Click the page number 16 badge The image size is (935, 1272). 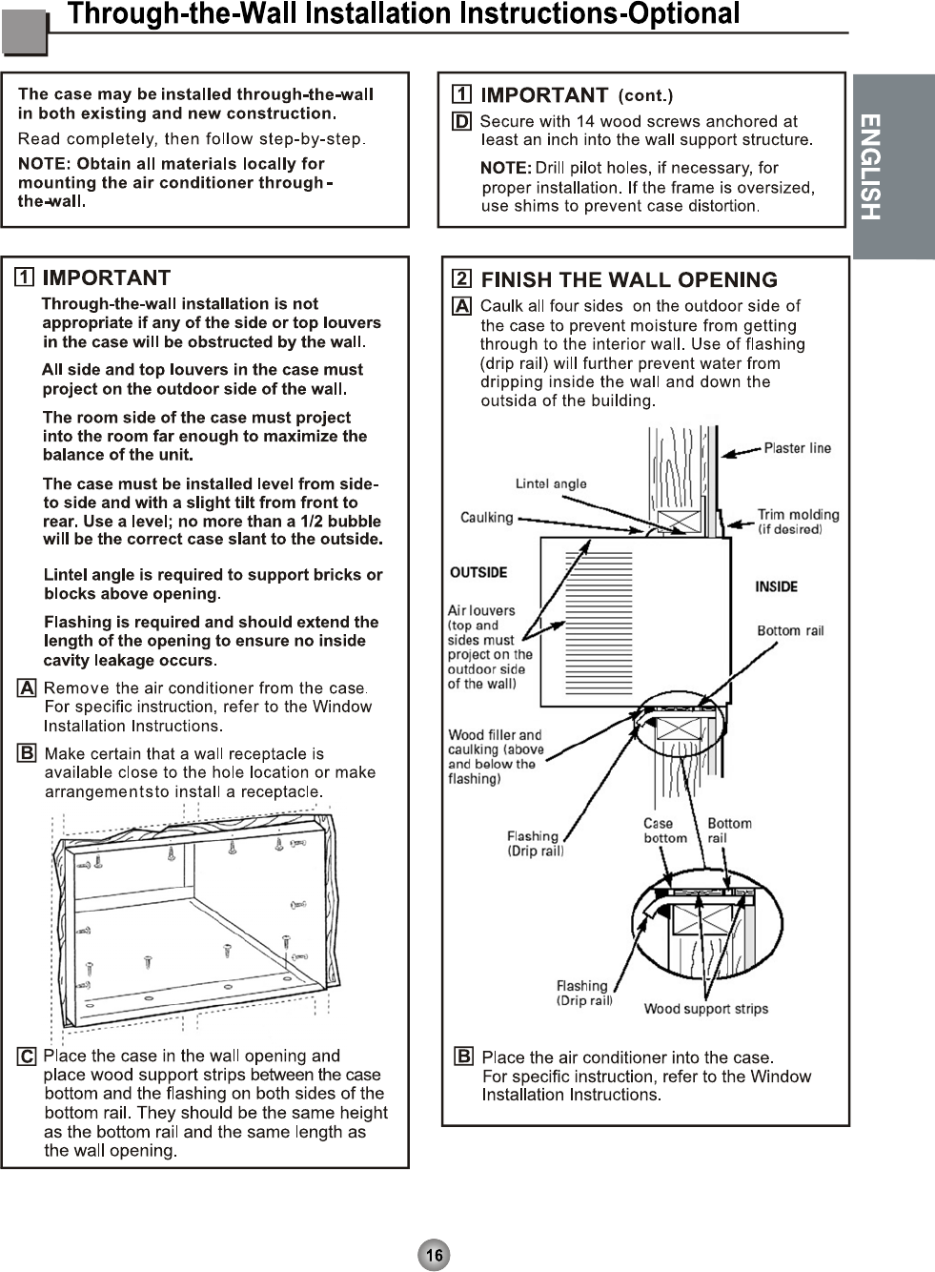click(x=434, y=1255)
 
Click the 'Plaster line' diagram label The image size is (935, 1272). click(x=797, y=448)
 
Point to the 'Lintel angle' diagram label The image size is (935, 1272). click(x=551, y=483)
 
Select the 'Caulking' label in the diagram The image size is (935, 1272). click(x=486, y=518)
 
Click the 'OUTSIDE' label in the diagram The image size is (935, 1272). click(x=478, y=572)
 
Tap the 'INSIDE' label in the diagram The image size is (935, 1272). click(x=776, y=586)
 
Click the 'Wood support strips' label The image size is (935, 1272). click(x=705, y=1009)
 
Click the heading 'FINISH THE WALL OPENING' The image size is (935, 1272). click(x=629, y=279)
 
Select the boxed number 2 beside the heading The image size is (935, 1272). click(x=461, y=278)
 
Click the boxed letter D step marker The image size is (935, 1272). click(x=461, y=121)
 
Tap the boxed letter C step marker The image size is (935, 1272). click(x=28, y=1057)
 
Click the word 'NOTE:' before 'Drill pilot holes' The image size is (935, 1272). click(x=505, y=169)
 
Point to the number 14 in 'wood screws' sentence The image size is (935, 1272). click(x=585, y=121)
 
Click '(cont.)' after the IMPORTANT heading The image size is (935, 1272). click(x=645, y=95)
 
